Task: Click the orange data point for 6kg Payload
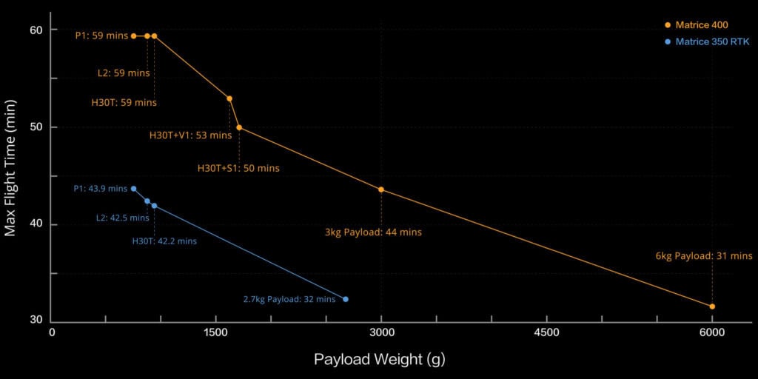712,306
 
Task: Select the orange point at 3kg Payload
381,189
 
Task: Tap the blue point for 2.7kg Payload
346,299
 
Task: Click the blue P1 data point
133,189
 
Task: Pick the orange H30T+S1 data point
239,127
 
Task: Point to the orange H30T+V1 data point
229,98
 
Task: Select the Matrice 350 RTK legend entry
707,42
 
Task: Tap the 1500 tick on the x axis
216,333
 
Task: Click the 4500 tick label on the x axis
546,333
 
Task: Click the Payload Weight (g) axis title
379,360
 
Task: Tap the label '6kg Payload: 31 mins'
703,256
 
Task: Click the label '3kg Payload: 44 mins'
373,232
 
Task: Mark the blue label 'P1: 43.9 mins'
101,189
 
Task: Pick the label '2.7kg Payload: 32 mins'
289,300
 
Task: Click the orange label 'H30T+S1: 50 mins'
238,168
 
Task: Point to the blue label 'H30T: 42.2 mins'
164,241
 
